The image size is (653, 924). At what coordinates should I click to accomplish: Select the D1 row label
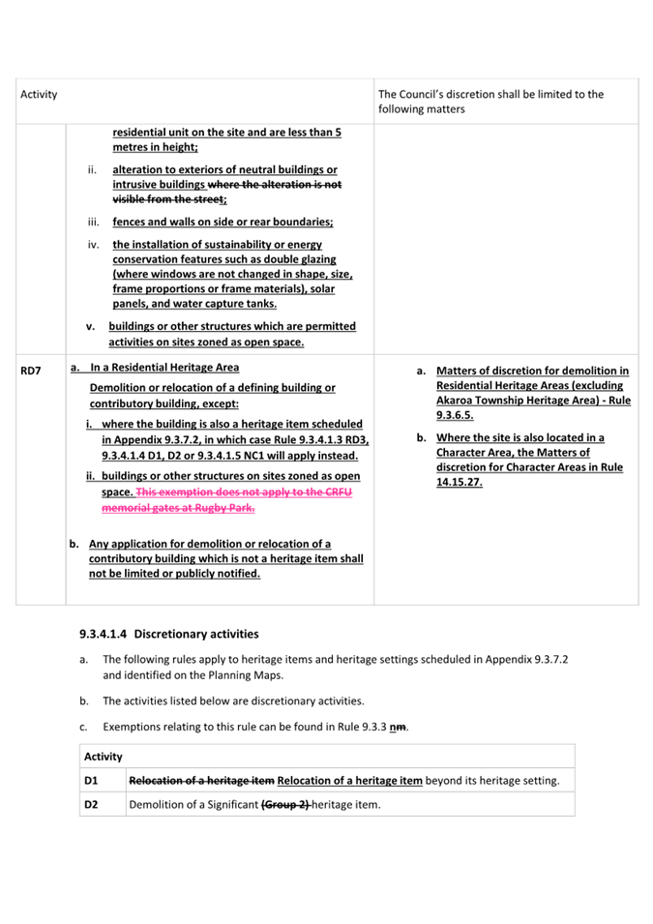click(x=91, y=780)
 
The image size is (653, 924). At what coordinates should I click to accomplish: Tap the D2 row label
click(x=91, y=804)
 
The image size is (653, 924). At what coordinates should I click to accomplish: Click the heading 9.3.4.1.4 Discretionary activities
click(x=169, y=634)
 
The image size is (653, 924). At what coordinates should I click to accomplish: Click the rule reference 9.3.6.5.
click(x=455, y=415)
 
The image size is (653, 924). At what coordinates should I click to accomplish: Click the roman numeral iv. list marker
click(x=94, y=245)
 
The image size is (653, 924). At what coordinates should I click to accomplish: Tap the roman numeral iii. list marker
click(x=94, y=222)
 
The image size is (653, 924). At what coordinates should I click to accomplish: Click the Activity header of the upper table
click(x=39, y=95)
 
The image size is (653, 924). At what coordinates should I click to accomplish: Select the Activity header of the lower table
click(x=104, y=757)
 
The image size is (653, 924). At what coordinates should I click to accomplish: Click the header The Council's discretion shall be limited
click(x=490, y=95)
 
